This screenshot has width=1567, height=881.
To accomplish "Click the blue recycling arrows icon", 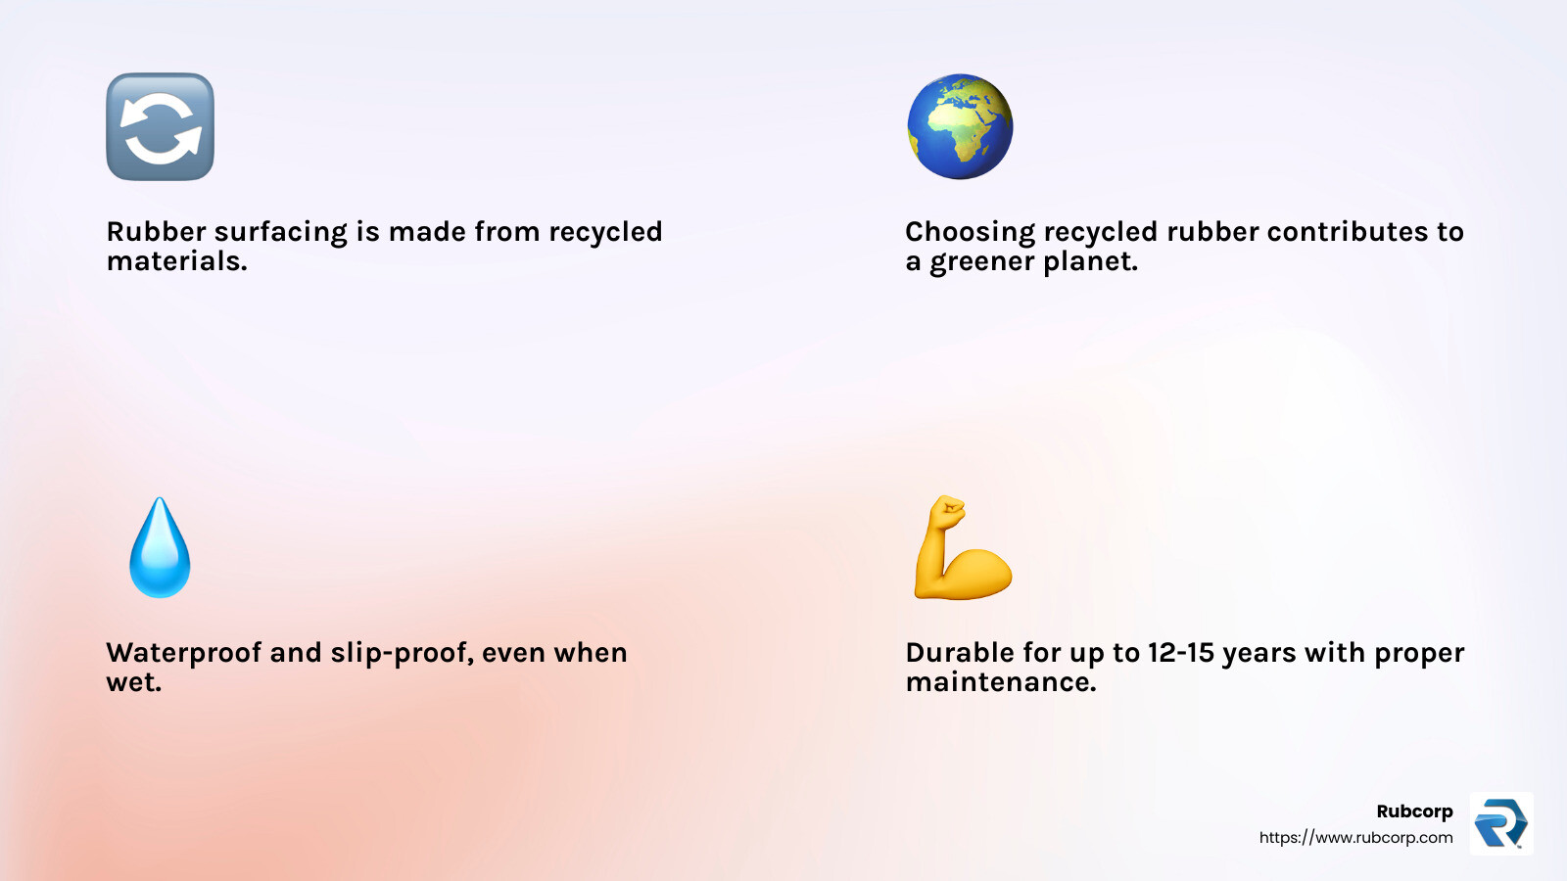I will point(160,126).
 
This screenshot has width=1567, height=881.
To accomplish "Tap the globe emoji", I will point(960,126).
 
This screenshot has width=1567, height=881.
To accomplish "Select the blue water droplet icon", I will point(160,548).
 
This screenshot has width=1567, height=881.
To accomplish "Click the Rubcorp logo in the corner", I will point(1500,823).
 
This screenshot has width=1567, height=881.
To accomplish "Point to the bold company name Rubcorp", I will point(1414,811).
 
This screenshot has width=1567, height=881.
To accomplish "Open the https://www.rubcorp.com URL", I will point(1355,838).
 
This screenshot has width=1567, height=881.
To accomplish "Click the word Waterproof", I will point(184,653).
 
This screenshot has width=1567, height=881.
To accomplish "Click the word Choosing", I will point(970,233).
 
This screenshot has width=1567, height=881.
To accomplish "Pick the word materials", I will point(176,262).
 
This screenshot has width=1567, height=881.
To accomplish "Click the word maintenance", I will point(1000,682).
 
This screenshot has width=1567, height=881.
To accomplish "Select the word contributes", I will point(1348,232).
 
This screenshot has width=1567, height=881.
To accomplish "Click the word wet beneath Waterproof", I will point(132,682).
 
